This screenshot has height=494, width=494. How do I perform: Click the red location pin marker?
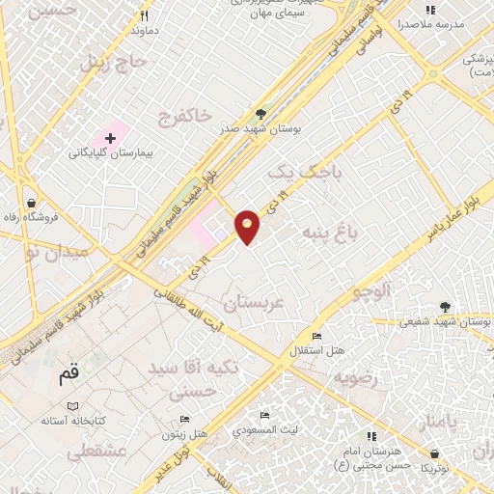(248, 226)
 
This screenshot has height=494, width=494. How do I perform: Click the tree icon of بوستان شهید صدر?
(261, 113)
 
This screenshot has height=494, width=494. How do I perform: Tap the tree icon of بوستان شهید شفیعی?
(444, 307)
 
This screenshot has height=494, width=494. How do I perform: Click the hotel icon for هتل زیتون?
(184, 420)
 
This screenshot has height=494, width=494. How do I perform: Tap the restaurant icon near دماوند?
(145, 15)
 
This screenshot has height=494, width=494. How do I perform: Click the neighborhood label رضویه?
(353, 379)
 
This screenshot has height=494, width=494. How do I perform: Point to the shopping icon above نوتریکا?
(434, 454)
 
